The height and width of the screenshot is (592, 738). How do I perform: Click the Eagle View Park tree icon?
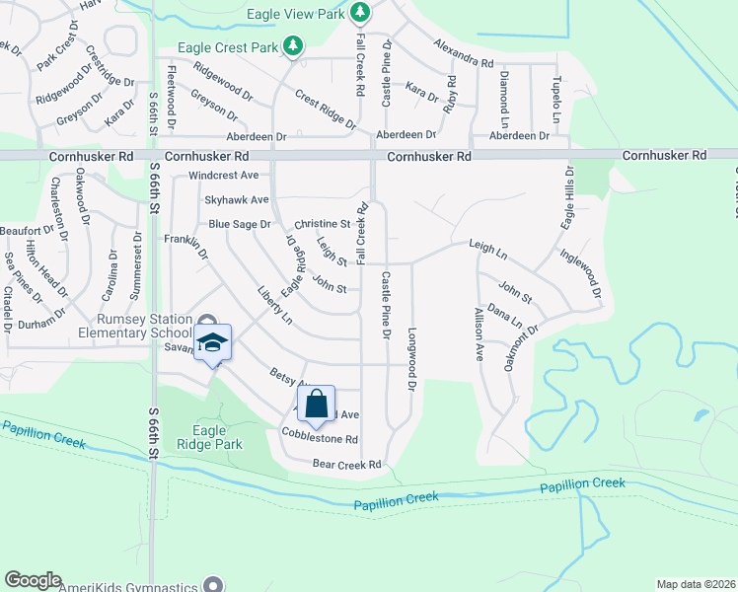[361, 12]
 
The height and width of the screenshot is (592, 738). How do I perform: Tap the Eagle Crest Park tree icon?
[292, 45]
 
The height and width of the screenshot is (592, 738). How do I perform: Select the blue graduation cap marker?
[212, 343]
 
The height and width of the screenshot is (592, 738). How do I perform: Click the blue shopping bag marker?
[316, 403]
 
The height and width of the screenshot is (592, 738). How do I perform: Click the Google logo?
[33, 580]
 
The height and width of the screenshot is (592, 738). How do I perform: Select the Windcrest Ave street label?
[224, 176]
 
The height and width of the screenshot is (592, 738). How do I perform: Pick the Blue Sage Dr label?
[239, 224]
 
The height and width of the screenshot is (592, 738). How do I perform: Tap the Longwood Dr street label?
[412, 357]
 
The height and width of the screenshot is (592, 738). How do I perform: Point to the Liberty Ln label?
[275, 307]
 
